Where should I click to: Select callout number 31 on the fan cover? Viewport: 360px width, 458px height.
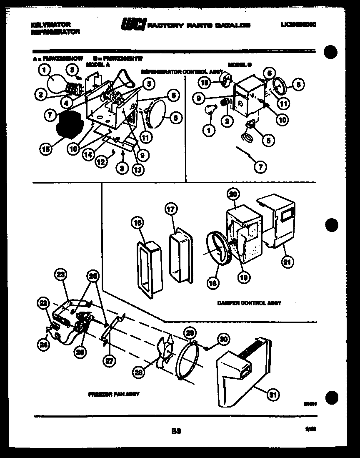point(273,395)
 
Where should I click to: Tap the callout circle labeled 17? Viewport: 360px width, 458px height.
point(172,209)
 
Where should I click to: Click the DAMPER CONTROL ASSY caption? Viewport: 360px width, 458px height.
point(249,303)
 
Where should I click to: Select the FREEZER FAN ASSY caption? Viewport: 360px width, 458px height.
point(113,394)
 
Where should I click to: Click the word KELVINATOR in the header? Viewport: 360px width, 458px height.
point(50,25)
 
